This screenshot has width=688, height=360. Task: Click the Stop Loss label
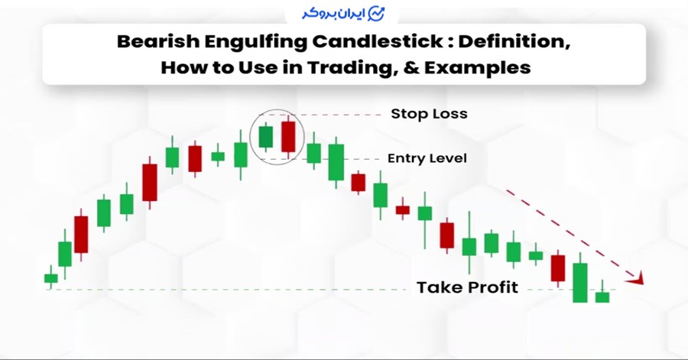pyautogui.click(x=429, y=114)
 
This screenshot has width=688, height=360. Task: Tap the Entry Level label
pyautogui.click(x=427, y=158)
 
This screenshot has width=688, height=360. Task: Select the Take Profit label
pyautogui.click(x=467, y=287)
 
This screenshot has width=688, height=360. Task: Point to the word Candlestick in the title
pyautogui.click(x=378, y=42)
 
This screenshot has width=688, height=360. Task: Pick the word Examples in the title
pyautogui.click(x=477, y=68)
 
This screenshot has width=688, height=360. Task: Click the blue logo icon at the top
pyautogui.click(x=376, y=14)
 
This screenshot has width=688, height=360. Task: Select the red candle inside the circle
pyautogui.click(x=288, y=136)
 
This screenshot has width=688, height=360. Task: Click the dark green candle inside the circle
pyautogui.click(x=266, y=137)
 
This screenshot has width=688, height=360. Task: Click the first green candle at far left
pyautogui.click(x=51, y=278)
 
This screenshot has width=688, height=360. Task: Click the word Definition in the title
pyautogui.click(x=514, y=42)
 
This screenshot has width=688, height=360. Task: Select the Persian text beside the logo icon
pyautogui.click(x=333, y=14)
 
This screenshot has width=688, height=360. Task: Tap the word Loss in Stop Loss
pyautogui.click(x=450, y=114)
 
